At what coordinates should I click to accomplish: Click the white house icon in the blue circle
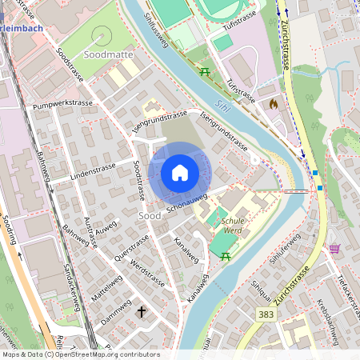pyautogui.click(x=180, y=172)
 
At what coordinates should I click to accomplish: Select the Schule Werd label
pyautogui.click(x=232, y=226)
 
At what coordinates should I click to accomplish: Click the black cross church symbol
pyautogui.click(x=142, y=311)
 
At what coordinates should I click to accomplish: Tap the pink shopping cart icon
pyautogui.click(x=334, y=249)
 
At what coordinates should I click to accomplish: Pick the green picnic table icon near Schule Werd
pyautogui.click(x=226, y=256)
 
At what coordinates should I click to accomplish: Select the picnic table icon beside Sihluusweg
pyautogui.click(x=206, y=73)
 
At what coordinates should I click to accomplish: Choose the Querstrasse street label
pyautogui.click(x=132, y=248)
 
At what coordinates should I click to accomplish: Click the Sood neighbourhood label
pyautogui.click(x=149, y=216)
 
